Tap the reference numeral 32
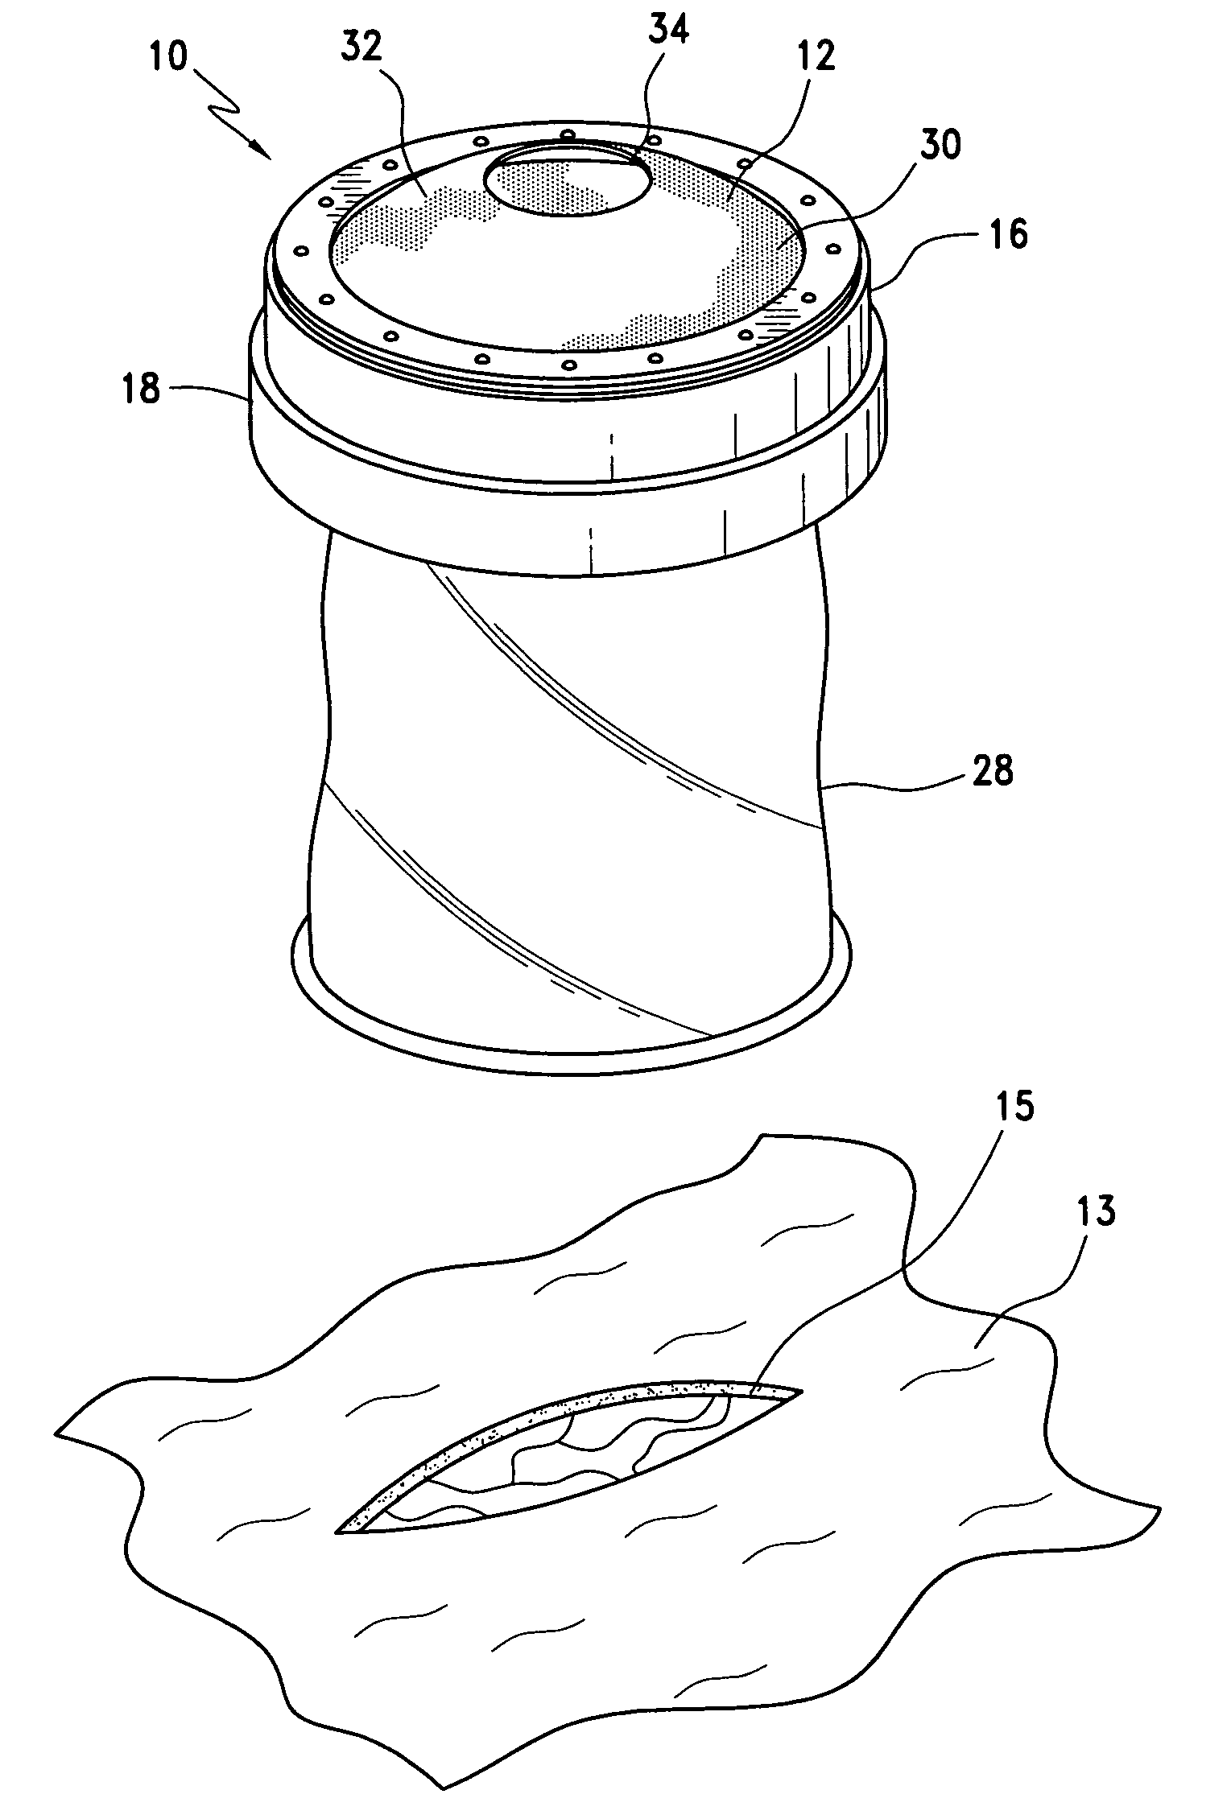click(360, 50)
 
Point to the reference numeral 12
click(815, 58)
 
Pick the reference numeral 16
click(1005, 236)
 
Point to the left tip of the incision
click(341, 1530)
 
